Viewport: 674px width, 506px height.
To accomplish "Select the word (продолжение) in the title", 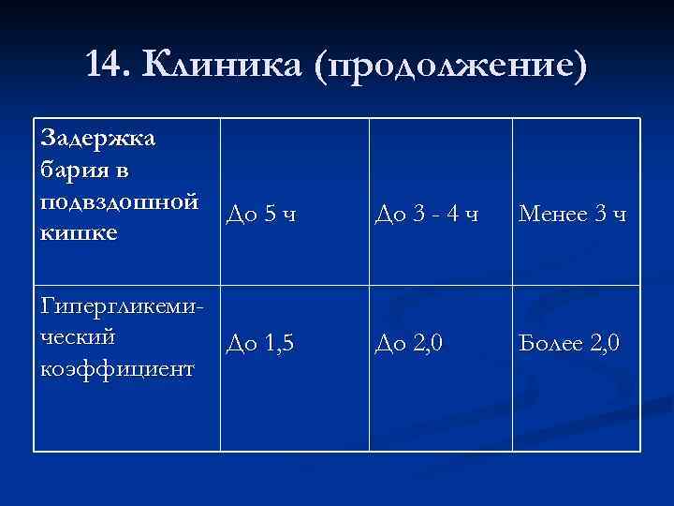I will click(454, 66).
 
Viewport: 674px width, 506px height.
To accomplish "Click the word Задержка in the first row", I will click(100, 139).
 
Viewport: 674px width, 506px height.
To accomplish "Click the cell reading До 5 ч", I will click(262, 216).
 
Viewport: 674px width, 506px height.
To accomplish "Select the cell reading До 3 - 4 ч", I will click(426, 216).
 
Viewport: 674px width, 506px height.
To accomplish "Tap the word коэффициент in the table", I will click(117, 367).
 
